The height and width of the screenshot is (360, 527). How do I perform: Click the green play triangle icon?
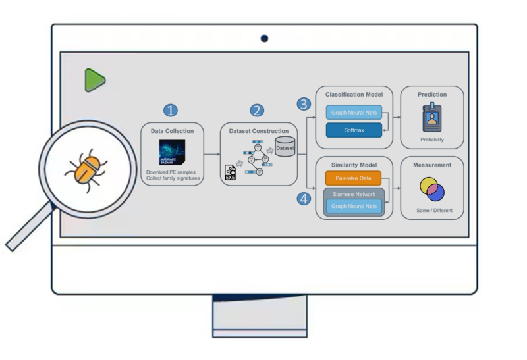(94, 80)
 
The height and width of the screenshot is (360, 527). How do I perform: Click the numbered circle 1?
(171, 110)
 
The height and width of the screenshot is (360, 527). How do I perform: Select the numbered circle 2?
(258, 110)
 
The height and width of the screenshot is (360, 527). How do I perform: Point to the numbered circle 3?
(304, 104)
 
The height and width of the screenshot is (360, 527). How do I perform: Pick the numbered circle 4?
(304, 198)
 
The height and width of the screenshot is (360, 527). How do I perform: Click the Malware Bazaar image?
(172, 152)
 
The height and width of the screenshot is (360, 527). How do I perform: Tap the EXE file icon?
(231, 172)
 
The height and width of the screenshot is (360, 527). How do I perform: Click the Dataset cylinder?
(285, 148)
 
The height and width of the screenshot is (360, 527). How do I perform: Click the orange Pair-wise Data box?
(354, 178)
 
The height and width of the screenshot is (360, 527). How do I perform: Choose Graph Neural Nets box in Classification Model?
(354, 113)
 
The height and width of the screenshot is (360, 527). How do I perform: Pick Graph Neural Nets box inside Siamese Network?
(354, 206)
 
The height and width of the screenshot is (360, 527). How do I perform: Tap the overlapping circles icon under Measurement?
(432, 190)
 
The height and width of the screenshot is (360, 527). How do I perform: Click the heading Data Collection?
(172, 131)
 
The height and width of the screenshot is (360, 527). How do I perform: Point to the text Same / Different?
(432, 211)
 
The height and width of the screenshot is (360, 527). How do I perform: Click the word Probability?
(432, 140)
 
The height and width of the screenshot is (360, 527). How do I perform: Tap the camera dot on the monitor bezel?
(264, 39)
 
